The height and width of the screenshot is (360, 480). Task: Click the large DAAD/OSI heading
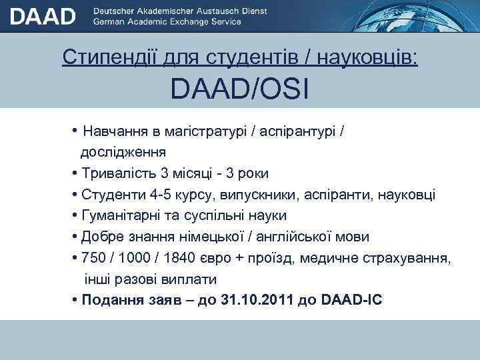click(x=239, y=89)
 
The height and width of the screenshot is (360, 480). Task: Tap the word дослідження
click(x=124, y=152)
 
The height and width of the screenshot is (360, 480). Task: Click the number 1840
click(x=173, y=258)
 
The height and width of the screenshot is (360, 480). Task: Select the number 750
click(x=93, y=258)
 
